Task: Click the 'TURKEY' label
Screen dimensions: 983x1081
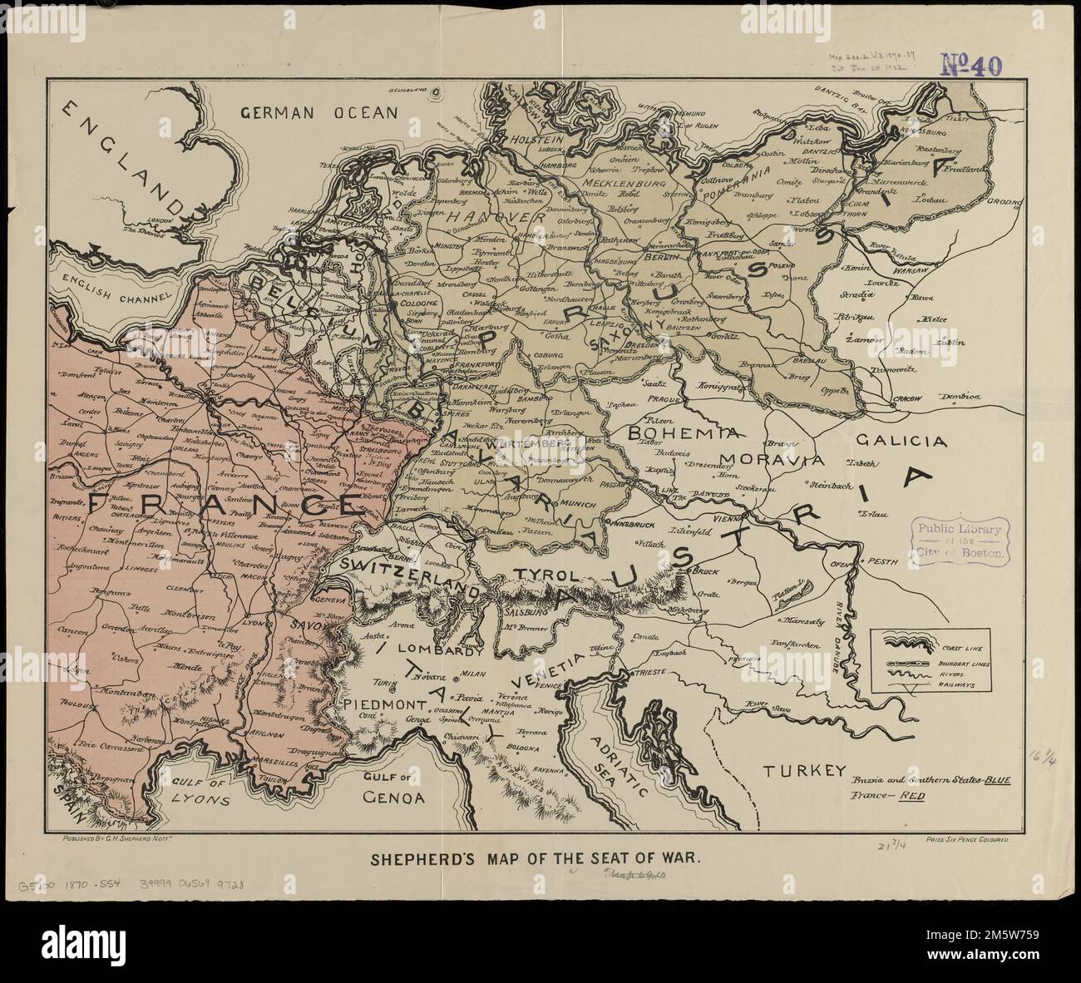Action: [806, 770]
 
